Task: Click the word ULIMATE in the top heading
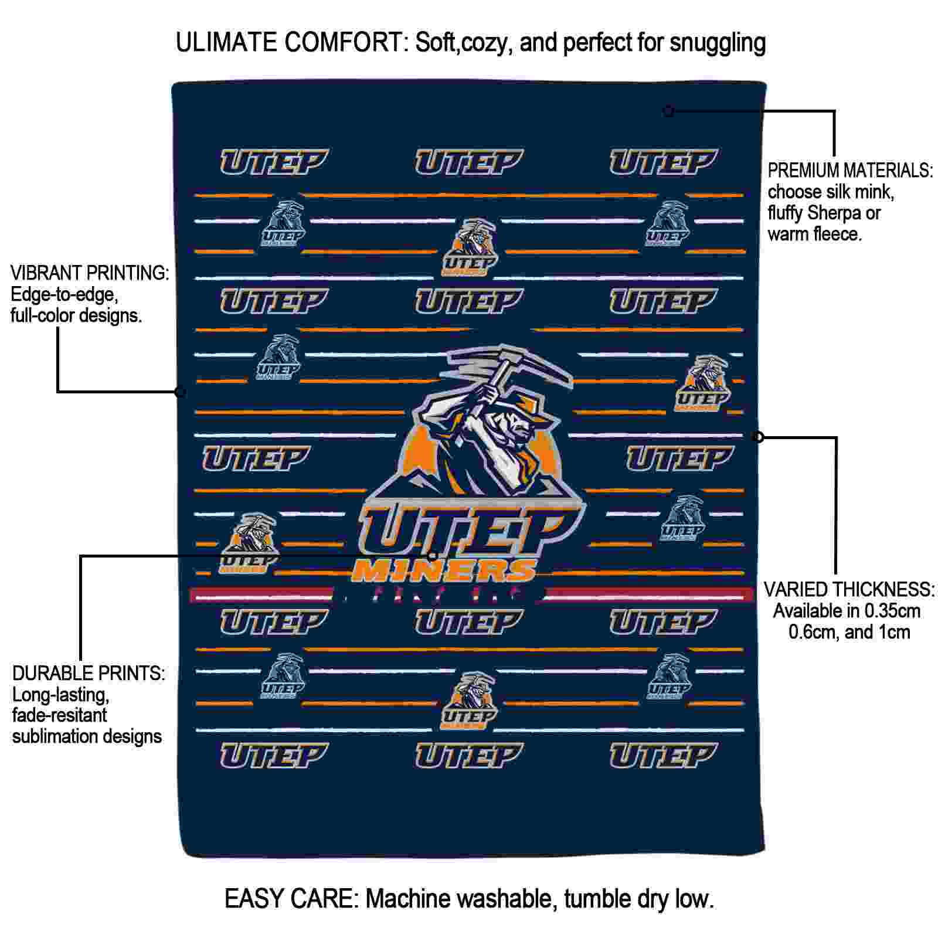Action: (226, 43)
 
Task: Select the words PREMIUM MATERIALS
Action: (850, 171)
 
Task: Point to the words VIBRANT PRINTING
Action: (90, 273)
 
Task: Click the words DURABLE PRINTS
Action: (89, 673)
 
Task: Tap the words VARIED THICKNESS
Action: (849, 589)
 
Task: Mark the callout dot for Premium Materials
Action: (668, 111)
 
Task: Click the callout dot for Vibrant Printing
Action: (181, 392)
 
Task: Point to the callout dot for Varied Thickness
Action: (758, 437)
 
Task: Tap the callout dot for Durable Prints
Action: (432, 555)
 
